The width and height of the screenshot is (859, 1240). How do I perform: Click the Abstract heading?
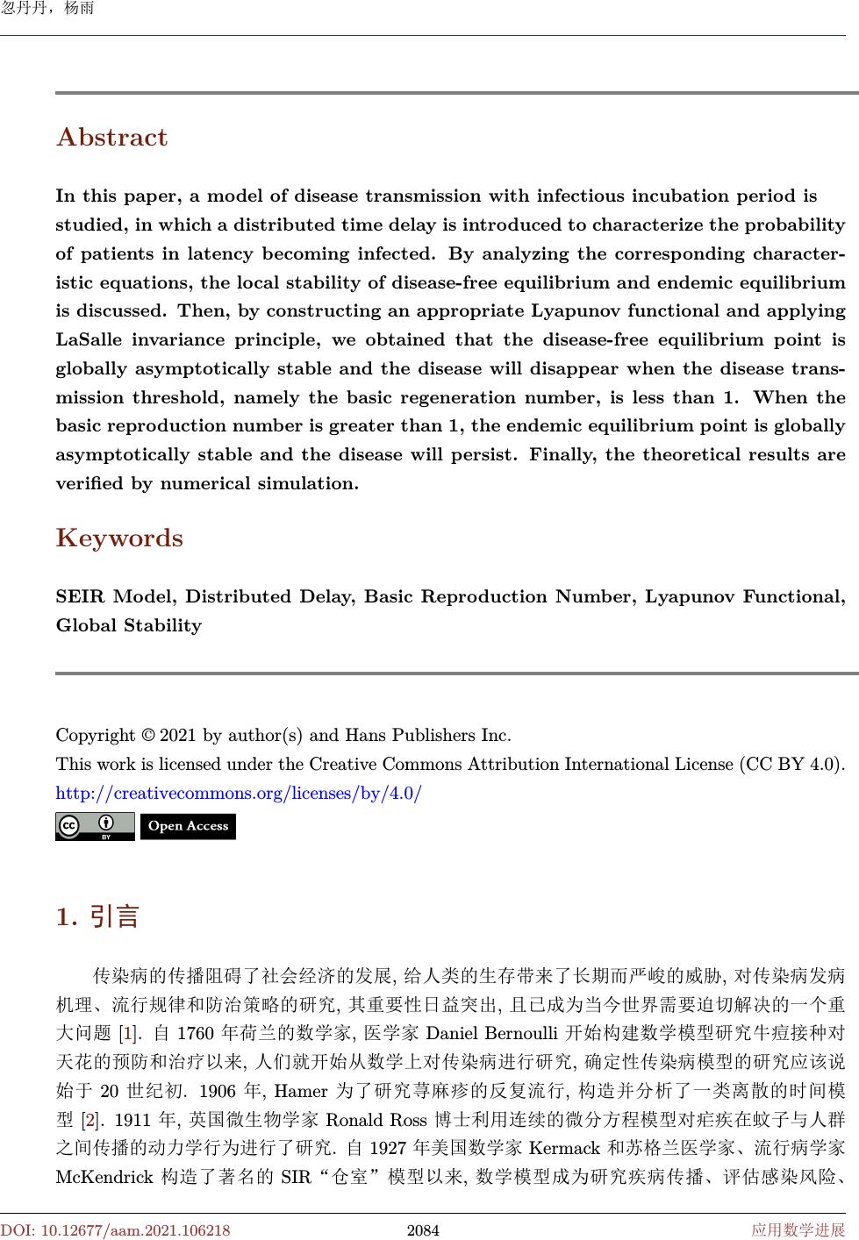click(x=111, y=138)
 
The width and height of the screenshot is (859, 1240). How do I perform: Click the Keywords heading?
click(x=119, y=538)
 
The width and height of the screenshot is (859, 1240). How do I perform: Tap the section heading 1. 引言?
click(x=97, y=917)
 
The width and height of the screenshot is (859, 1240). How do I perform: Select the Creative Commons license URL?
click(x=239, y=794)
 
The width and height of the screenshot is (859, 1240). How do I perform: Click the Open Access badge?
click(x=188, y=826)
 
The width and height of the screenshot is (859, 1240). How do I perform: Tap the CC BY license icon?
click(x=95, y=826)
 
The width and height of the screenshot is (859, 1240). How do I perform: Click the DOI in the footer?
click(x=116, y=1230)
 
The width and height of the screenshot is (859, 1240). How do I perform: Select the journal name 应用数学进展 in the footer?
click(x=798, y=1230)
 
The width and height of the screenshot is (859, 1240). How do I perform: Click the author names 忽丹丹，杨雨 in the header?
click(x=47, y=11)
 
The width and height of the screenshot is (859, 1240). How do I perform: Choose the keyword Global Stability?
click(x=129, y=626)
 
